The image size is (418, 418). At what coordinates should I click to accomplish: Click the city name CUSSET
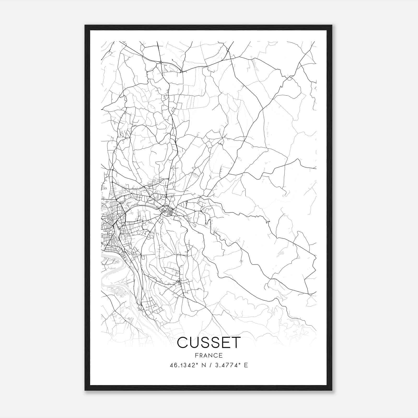(x=209, y=342)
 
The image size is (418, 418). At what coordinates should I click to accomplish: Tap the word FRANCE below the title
(x=209, y=355)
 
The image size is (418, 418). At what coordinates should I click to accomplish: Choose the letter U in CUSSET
(x=194, y=342)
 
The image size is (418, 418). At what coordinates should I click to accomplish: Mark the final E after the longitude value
(x=246, y=365)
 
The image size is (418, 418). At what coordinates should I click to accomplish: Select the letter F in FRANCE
(x=196, y=355)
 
